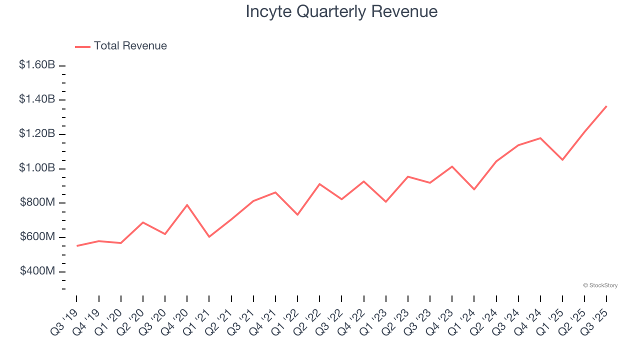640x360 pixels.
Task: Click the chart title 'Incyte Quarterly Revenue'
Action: (x=341, y=11)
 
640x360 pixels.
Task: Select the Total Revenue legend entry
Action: (x=121, y=46)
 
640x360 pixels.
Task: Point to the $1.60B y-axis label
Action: (x=37, y=65)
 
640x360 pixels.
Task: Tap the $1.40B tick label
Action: (x=37, y=99)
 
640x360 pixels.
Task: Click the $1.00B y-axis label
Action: (x=37, y=168)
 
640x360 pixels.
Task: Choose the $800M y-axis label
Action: (x=37, y=202)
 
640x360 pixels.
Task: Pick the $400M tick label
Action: (x=37, y=271)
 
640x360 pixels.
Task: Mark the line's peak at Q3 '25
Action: (x=606, y=106)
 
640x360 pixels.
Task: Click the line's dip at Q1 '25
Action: (x=562, y=160)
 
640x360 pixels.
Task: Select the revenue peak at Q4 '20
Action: (x=187, y=204)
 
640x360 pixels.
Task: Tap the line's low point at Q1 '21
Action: (x=209, y=236)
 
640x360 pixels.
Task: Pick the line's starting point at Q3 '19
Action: (x=77, y=246)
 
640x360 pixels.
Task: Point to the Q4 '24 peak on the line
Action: (x=540, y=138)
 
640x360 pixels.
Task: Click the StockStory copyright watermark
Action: (x=600, y=285)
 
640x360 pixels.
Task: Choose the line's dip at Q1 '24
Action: (x=474, y=189)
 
